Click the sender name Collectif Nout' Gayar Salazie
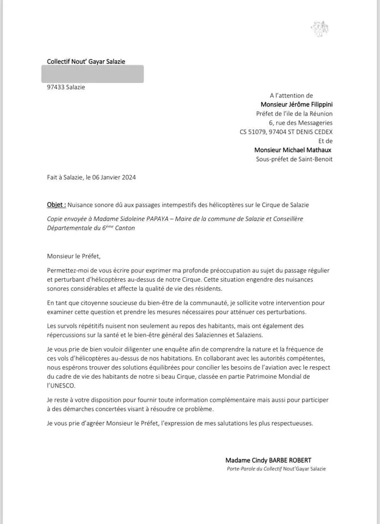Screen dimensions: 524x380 click(86, 62)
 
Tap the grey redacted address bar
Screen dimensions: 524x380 click(95, 74)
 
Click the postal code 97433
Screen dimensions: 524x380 click(56, 87)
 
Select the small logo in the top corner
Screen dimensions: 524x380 click(319, 28)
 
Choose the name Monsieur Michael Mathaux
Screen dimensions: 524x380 click(293, 150)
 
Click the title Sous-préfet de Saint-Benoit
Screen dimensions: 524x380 click(294, 159)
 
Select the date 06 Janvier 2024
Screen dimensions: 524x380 click(116, 177)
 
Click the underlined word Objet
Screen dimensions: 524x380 click(56, 205)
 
